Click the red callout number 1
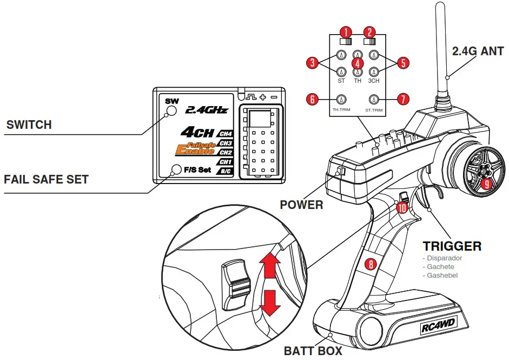[345, 31]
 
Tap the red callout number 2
[369, 31]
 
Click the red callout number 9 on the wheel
[486, 184]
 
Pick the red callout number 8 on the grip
[370, 265]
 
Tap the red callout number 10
[401, 207]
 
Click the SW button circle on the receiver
[171, 110]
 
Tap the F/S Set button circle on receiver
[175, 169]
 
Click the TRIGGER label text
[452, 246]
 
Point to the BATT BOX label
[313, 351]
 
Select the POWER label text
[301, 205]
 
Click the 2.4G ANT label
[478, 51]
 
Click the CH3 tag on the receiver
[225, 143]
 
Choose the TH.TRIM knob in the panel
[341, 99]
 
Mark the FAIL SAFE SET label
[46, 179]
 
